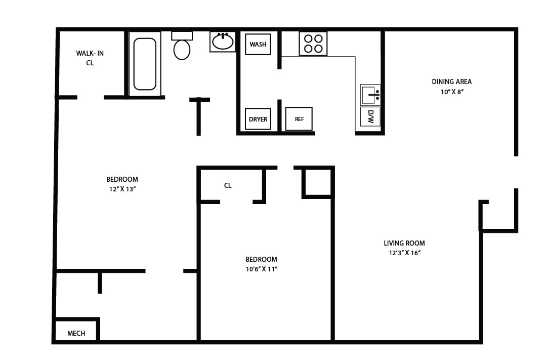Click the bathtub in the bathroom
[x=145, y=64]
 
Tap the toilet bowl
[x=182, y=50]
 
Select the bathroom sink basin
[x=223, y=42]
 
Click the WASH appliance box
[x=258, y=44]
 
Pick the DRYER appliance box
[x=258, y=119]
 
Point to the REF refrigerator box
[x=299, y=119]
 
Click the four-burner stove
[x=313, y=44]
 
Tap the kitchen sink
[x=369, y=95]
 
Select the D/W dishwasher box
[x=370, y=116]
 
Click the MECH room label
[x=76, y=333]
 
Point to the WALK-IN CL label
[x=90, y=58]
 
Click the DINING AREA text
[x=451, y=82]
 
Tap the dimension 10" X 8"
[x=451, y=92]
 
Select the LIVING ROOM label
[x=404, y=243]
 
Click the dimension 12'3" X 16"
[x=404, y=253]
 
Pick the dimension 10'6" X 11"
[x=262, y=269]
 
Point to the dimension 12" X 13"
[x=121, y=189]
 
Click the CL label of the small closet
[x=228, y=185]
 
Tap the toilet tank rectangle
[x=182, y=36]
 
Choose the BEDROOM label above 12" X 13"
[x=122, y=179]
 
